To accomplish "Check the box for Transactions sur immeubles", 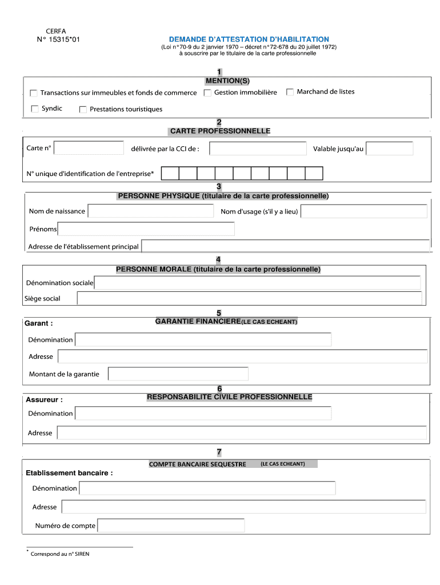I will [x=33, y=93].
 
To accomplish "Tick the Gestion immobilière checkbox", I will [x=207, y=93].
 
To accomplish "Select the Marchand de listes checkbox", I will [x=290, y=92].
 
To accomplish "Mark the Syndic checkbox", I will [x=34, y=109].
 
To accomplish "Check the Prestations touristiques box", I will [x=83, y=109].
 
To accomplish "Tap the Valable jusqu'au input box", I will [x=389, y=149].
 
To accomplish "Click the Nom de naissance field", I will [x=150, y=211].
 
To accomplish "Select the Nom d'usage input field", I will [x=363, y=211].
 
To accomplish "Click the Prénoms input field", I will [x=146, y=229].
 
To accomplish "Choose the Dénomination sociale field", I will [x=257, y=283].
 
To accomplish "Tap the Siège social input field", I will [x=249, y=298].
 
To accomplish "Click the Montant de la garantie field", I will [x=178, y=374].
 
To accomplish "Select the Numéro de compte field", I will [x=171, y=526].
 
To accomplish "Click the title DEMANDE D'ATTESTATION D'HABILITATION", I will [x=249, y=39].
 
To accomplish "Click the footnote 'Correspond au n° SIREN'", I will [x=60, y=554].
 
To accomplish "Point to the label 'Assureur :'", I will [x=44, y=399].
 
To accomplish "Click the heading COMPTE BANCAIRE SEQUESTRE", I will [x=197, y=464].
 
